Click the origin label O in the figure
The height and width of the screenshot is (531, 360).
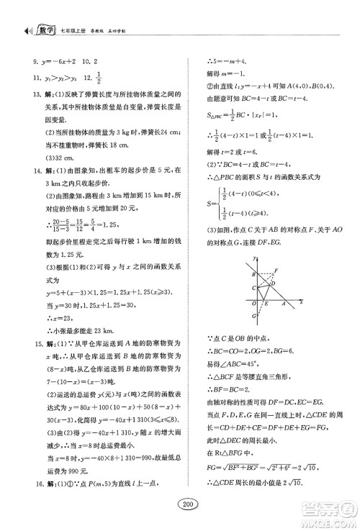253,304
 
